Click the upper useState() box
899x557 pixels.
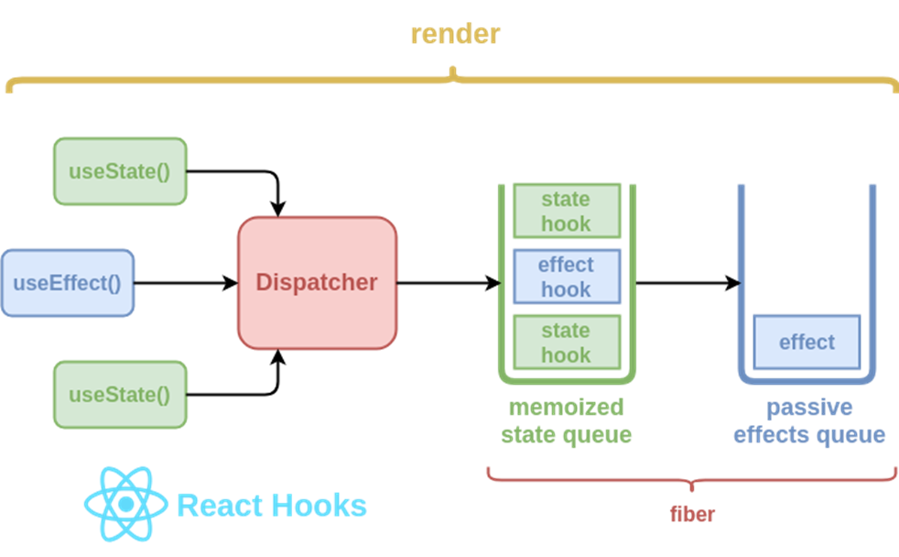(121, 171)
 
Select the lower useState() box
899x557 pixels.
(121, 395)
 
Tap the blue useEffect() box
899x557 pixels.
(68, 283)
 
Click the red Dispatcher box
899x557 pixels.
(317, 283)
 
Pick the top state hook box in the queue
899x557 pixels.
(567, 211)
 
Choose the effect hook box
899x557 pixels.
(567, 277)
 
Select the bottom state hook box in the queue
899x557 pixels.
(567, 343)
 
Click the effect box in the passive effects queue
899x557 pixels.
(807, 342)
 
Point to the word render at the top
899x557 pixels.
(456, 34)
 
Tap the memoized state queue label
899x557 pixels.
(567, 420)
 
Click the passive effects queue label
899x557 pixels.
(809, 420)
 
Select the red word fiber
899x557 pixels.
(692, 514)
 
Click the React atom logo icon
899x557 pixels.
(126, 504)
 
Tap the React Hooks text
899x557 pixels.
(272, 506)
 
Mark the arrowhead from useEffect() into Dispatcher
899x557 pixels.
(231, 283)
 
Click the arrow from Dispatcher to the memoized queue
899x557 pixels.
(449, 283)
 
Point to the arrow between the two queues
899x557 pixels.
(688, 283)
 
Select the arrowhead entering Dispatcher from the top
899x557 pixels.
(278, 210)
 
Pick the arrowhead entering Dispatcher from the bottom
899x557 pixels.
(278, 356)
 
